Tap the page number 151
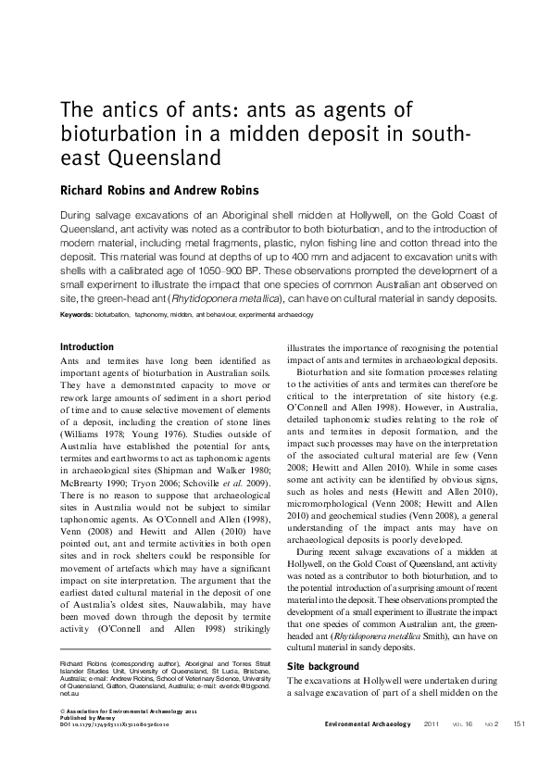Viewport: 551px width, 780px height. [x=519, y=723]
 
